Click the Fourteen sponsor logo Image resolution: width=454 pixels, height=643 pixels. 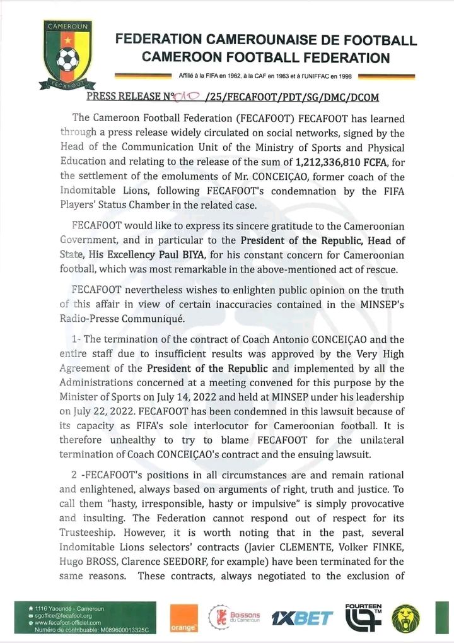click(363, 616)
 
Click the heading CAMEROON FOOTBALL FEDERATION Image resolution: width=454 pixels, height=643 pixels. click(265, 58)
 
